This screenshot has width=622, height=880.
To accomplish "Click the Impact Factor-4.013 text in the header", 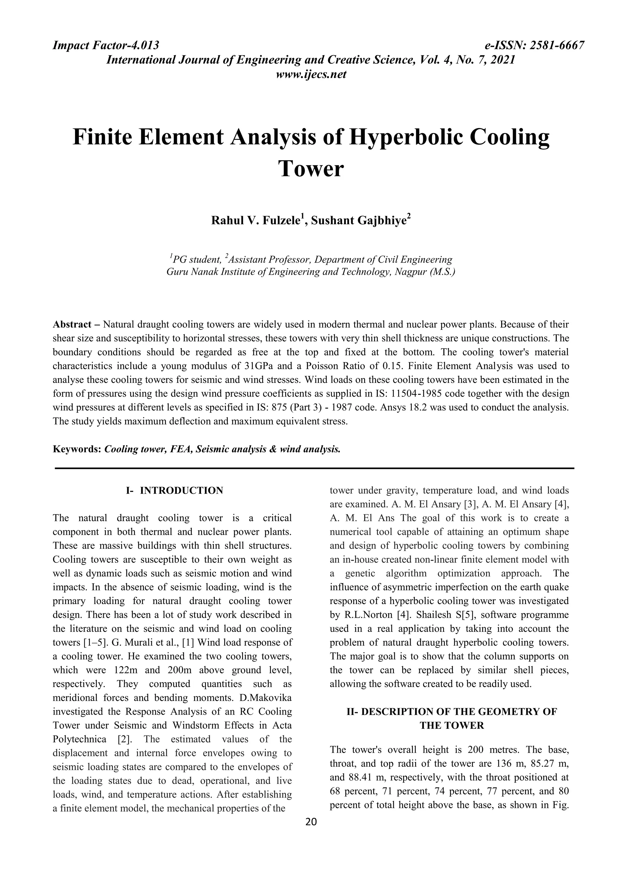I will (106, 46).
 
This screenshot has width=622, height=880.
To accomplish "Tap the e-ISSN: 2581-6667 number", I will (534, 46).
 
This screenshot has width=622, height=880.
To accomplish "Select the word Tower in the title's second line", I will (311, 169).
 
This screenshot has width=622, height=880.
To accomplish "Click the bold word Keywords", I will (77, 449).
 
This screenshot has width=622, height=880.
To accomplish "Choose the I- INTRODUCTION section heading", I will (174, 490).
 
